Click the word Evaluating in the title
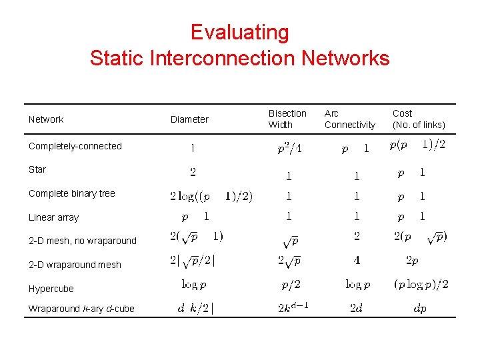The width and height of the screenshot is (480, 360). click(x=239, y=32)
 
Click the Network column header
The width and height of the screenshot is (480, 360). click(x=46, y=119)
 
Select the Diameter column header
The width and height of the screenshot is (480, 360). click(x=189, y=119)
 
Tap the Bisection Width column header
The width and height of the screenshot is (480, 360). click(x=287, y=119)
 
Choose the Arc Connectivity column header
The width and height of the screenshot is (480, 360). click(x=350, y=119)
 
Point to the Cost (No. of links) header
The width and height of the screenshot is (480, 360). click(x=419, y=119)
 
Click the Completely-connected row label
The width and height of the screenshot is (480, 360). click(x=75, y=146)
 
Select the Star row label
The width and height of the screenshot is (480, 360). click(x=37, y=169)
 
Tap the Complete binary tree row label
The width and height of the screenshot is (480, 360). click(x=72, y=193)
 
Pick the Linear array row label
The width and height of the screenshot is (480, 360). click(x=53, y=217)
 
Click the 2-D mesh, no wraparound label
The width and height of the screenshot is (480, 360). click(x=83, y=241)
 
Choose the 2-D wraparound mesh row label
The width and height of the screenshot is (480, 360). click(x=75, y=265)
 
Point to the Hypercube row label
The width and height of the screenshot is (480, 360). click(x=51, y=289)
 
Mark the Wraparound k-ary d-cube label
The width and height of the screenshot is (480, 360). click(x=81, y=309)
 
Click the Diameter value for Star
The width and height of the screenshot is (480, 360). click(x=193, y=172)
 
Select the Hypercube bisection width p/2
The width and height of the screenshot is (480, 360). click(x=289, y=285)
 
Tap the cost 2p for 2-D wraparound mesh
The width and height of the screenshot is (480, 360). click(x=411, y=260)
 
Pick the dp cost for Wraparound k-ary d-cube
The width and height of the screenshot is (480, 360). click(x=420, y=308)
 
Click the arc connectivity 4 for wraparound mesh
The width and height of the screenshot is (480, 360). click(x=357, y=260)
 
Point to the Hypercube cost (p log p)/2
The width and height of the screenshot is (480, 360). click(x=421, y=285)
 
